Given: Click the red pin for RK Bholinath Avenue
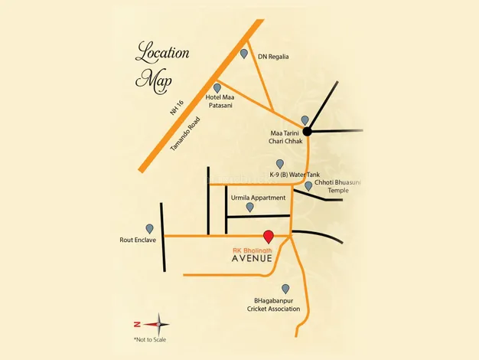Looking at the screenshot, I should click(268, 236).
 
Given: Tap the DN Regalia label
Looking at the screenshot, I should click(274, 56).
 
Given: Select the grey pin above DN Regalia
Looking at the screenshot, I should click(244, 54).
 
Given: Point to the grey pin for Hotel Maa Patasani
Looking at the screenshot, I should click(217, 88).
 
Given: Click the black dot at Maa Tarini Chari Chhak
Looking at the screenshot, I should click(306, 132).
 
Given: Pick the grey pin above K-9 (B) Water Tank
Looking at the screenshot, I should click(280, 164).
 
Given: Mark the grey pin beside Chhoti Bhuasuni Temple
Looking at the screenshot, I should click(308, 185).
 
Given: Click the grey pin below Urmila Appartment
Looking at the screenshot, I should click(249, 207).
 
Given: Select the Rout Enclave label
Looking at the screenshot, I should click(138, 240).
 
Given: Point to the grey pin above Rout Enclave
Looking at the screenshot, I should click(149, 228).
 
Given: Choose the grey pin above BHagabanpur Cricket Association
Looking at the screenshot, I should click(285, 289).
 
